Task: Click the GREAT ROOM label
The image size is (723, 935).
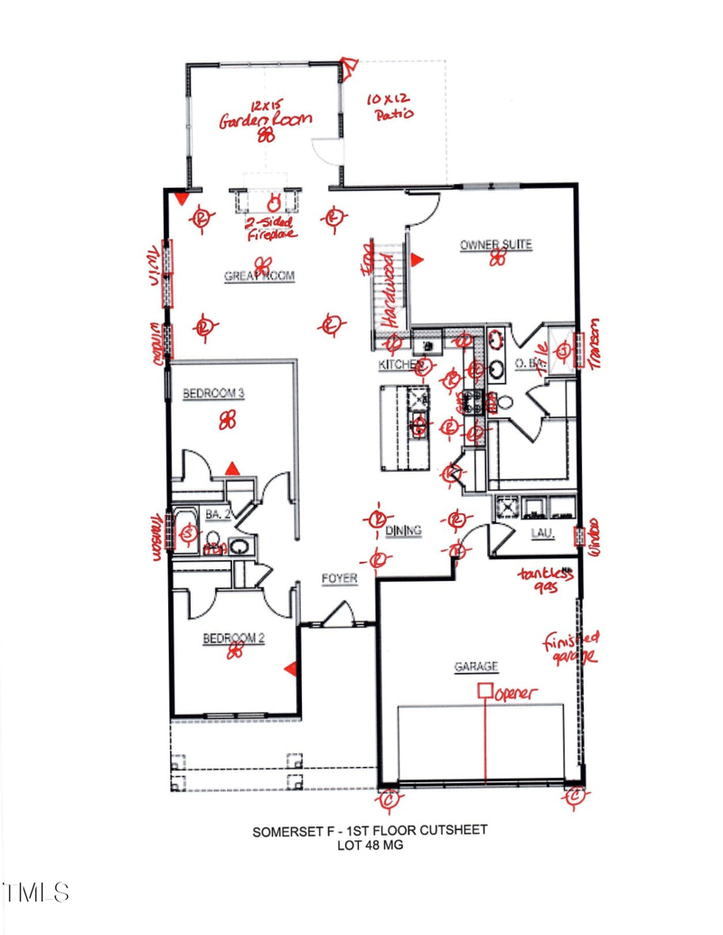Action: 259,277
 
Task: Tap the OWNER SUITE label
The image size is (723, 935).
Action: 495,245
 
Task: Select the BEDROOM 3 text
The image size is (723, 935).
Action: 214,393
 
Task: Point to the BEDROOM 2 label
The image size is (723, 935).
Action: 233,639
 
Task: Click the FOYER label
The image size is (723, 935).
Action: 340,578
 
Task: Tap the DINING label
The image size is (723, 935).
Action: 403,531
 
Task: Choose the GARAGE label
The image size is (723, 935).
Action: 475,667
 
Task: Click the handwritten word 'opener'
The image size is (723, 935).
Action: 515,693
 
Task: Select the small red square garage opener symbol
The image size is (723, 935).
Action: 484,691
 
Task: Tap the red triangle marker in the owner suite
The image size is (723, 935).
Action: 417,260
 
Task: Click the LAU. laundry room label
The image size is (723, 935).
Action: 542,534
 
